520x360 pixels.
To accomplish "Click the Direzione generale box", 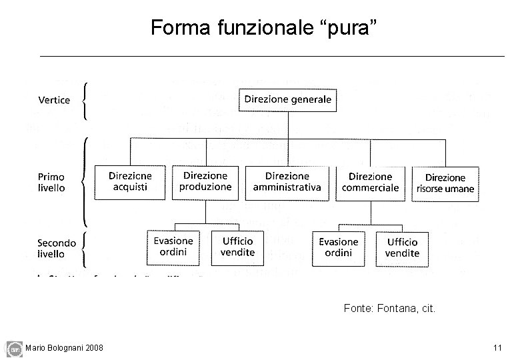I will [287, 100].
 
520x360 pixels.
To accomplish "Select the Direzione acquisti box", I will [131, 182].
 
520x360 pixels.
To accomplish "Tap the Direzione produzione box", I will [205, 181].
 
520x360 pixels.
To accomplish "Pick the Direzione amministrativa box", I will [287, 182].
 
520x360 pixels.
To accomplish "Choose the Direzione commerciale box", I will [370, 182].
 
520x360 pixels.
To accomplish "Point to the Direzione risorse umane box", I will [445, 183].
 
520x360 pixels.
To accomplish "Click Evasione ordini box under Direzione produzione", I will [173, 247].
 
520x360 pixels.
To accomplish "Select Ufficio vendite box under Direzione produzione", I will [238, 247].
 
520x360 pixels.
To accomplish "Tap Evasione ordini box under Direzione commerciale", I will [339, 247].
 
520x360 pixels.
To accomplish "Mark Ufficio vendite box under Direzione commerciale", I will [402, 247].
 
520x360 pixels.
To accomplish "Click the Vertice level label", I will [54, 101].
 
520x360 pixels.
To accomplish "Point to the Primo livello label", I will [51, 182].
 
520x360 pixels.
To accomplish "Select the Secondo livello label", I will [57, 248].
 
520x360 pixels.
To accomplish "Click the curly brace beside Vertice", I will [85, 101].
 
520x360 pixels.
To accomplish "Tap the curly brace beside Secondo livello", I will [85, 248].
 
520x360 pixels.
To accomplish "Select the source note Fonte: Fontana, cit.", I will [389, 309].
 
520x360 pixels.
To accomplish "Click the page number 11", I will [497, 347].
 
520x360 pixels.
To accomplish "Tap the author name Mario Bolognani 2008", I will [64, 348].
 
